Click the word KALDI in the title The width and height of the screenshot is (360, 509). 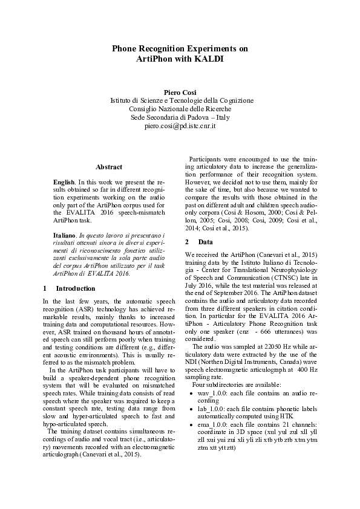(x=209, y=59)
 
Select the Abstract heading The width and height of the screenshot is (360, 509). (x=109, y=167)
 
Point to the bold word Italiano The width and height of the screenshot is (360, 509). (x=64, y=234)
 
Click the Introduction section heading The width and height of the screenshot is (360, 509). (x=75, y=288)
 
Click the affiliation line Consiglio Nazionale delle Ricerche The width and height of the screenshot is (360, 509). (x=180, y=109)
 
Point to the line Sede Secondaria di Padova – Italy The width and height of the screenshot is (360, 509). (x=180, y=117)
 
